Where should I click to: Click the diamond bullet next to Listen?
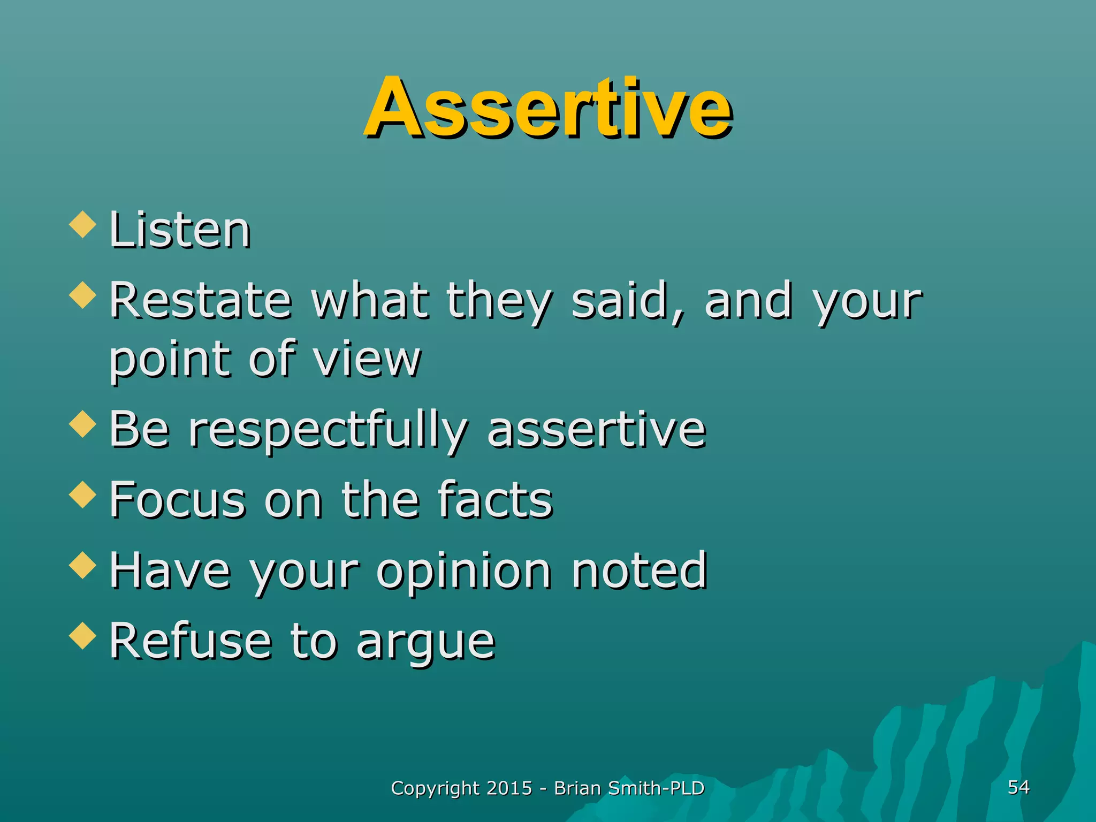[x=83, y=224]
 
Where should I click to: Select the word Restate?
[x=201, y=301]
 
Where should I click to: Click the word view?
[x=367, y=360]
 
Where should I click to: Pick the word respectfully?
[x=328, y=431]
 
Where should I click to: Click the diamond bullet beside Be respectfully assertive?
[x=83, y=423]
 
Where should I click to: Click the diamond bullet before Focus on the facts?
[x=83, y=494]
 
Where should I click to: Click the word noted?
[x=640, y=570]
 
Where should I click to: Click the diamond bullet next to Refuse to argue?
[x=83, y=635]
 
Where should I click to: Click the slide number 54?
[x=1018, y=787]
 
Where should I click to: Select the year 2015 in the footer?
[x=509, y=788]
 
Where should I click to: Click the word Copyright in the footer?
[x=435, y=789]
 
